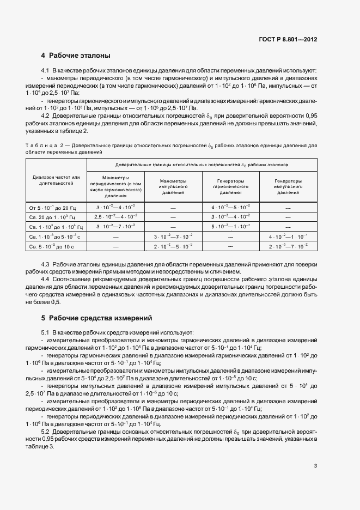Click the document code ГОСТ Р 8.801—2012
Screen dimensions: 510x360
289,39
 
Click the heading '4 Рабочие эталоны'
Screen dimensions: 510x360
76,56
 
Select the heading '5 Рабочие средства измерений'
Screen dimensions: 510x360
96,318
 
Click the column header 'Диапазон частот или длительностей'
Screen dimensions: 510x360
56,180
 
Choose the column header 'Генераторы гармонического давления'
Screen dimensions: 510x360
230,186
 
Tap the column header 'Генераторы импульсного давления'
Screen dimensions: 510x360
288,186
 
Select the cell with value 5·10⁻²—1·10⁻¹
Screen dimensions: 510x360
230,226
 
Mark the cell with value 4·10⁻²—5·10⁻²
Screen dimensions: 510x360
230,207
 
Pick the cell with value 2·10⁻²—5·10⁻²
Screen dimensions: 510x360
173,246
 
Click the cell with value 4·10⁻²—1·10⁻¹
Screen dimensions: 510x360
288,236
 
